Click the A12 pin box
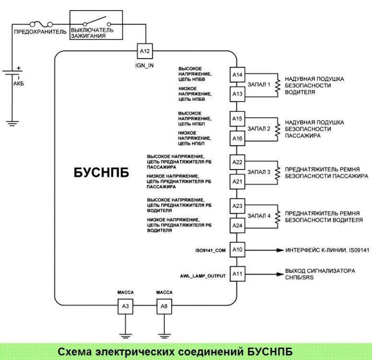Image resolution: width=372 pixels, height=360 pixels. (x=144, y=51)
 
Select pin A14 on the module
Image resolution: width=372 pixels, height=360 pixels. (x=238, y=75)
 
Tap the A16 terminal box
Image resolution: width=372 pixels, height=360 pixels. (x=238, y=139)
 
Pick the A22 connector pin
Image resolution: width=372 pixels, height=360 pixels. (x=238, y=162)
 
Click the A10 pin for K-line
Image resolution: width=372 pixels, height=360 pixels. (x=238, y=250)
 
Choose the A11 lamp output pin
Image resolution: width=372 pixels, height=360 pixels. (x=238, y=274)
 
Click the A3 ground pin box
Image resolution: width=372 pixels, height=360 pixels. (x=125, y=306)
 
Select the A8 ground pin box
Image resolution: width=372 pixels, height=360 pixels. (x=164, y=306)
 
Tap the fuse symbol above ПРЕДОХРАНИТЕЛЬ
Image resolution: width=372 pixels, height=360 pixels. (x=38, y=23)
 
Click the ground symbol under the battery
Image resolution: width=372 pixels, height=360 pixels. (x=12, y=123)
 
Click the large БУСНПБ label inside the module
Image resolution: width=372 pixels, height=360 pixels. (x=102, y=173)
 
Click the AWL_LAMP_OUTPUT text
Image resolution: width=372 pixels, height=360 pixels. (x=201, y=276)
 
